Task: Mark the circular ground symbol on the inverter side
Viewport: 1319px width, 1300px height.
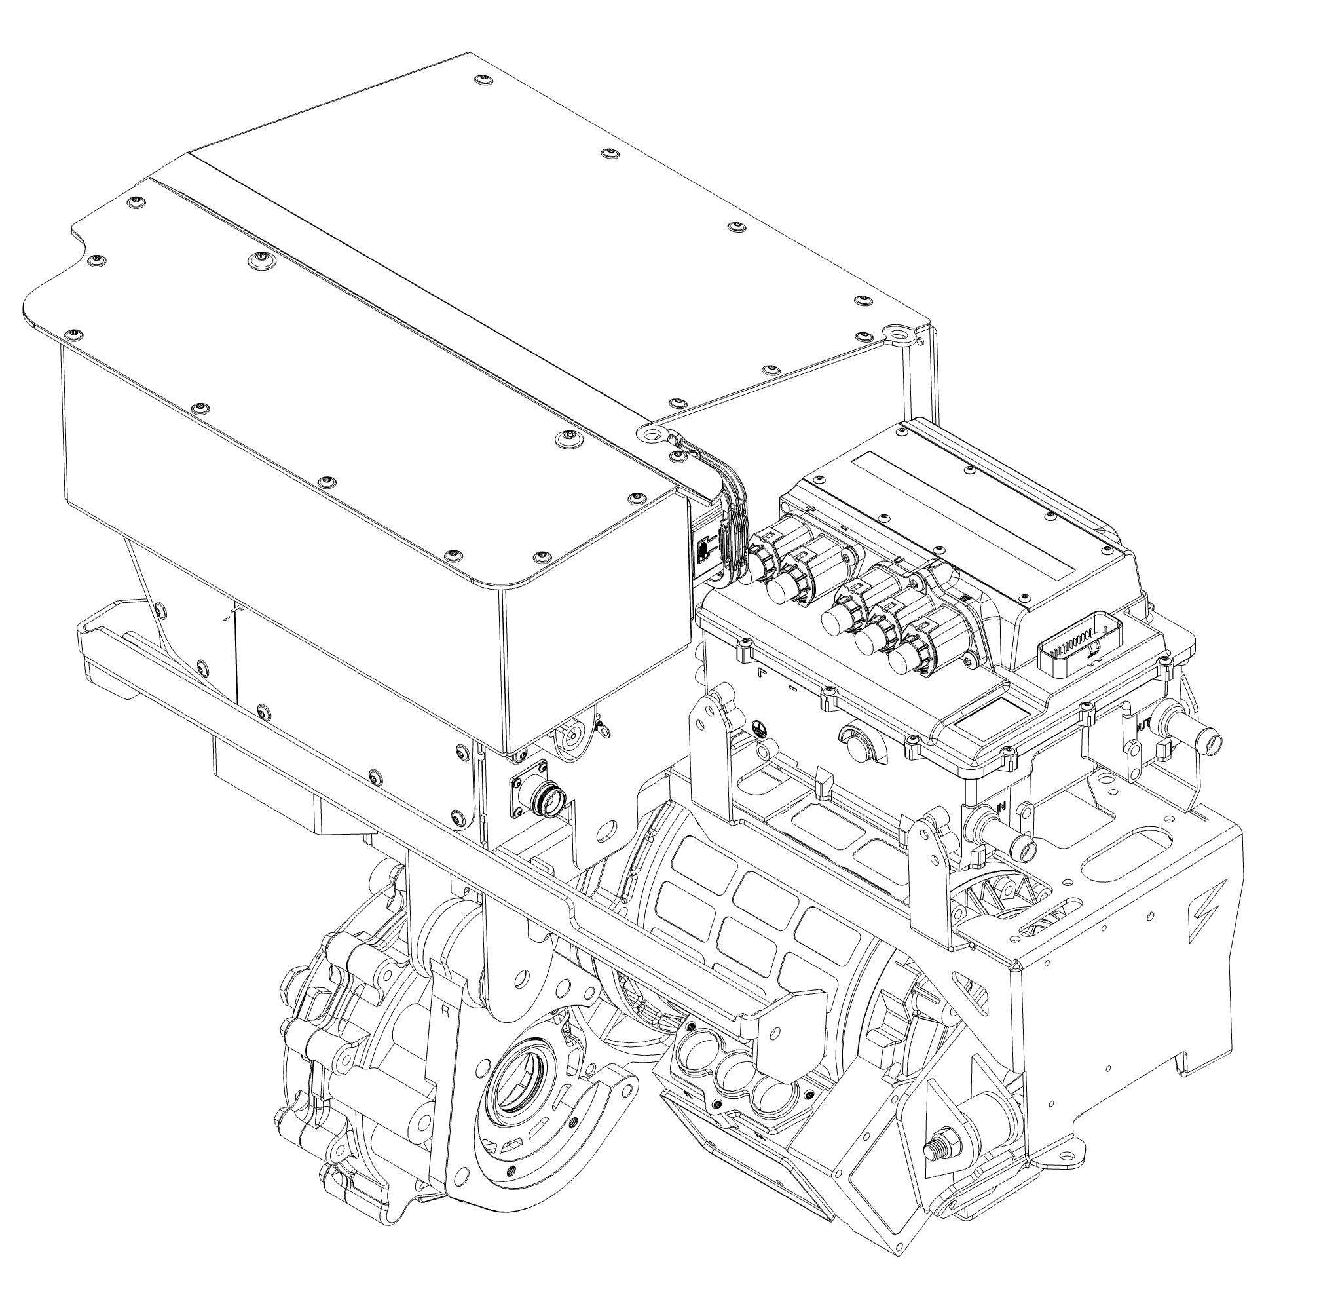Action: click(x=758, y=727)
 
